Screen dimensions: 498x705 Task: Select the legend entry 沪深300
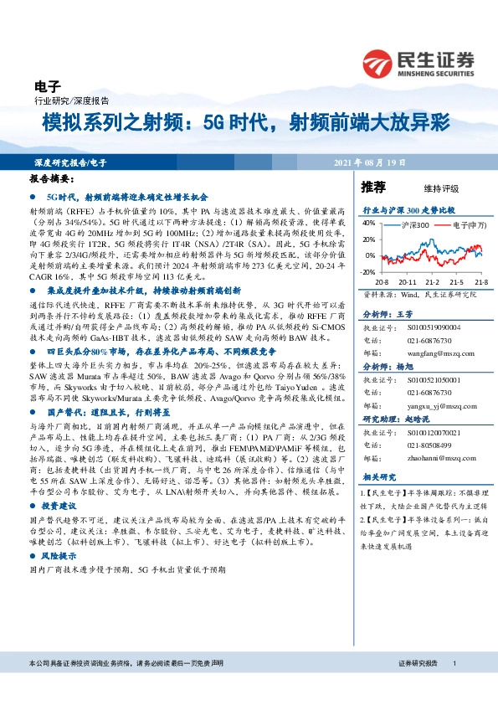point(414,225)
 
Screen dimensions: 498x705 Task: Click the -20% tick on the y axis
point(369,272)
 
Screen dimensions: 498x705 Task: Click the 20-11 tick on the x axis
point(410,282)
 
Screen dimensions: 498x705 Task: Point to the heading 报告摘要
point(52,178)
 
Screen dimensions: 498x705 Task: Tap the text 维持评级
point(426,188)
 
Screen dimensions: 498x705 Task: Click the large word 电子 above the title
point(48,85)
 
